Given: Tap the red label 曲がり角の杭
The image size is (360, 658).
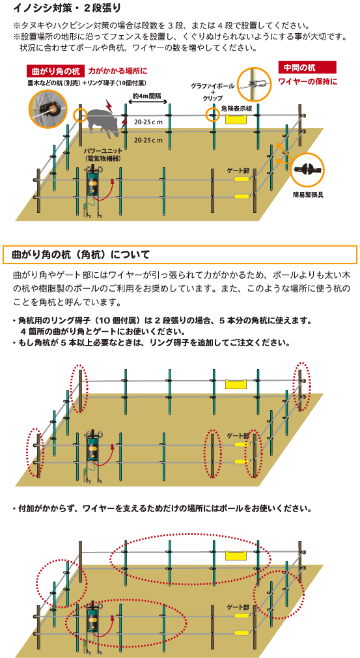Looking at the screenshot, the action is point(56,71).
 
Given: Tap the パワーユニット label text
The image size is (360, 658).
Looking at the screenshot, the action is point(97,151).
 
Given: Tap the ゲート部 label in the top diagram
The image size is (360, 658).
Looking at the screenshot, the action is point(238,171).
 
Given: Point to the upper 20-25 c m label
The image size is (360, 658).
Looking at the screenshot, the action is point(148,122).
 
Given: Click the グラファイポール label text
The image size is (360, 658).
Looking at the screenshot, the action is point(213,86).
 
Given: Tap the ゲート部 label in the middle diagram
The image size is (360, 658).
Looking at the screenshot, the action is point(238,436).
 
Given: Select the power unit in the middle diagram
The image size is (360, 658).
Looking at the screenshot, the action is point(93,447).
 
